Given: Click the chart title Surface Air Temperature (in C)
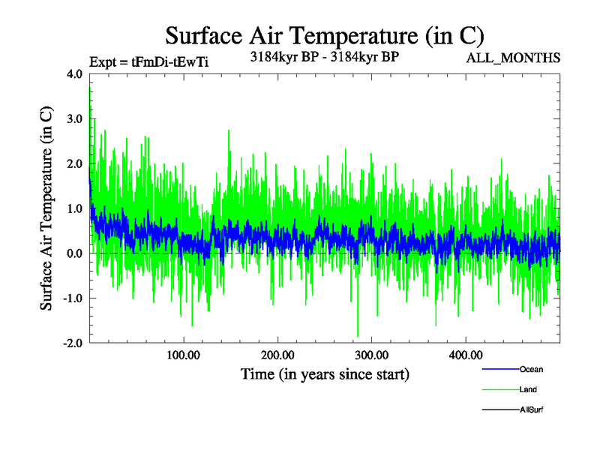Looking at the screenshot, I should click(325, 35).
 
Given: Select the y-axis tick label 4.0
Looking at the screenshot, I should click(75, 73).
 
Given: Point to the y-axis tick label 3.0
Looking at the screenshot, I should click(75, 118).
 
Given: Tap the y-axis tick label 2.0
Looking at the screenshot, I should click(75, 163).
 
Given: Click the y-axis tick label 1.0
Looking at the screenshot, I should click(75, 208).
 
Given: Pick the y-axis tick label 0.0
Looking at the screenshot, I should click(75, 253).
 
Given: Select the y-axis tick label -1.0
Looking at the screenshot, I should click(73, 298).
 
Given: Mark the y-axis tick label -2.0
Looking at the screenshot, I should click(73, 343).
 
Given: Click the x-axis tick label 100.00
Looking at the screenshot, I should click(184, 355).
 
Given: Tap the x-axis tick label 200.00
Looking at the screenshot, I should click(277, 355).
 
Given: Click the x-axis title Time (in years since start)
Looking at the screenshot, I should click(325, 373).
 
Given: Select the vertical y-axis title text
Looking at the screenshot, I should click(46, 208).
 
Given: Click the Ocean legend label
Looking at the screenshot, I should click(531, 370).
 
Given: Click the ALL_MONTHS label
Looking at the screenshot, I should click(514, 58).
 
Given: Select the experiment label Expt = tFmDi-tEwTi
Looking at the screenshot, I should click(148, 62).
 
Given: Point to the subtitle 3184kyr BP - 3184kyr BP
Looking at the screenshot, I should click(324, 56).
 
